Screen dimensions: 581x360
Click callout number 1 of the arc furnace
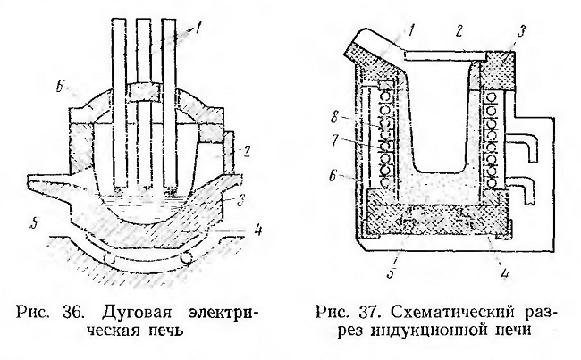(x=198, y=28)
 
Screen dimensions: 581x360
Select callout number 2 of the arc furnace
(x=247, y=151)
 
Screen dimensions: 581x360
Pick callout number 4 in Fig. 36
(x=257, y=230)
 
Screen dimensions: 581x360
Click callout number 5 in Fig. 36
(x=35, y=224)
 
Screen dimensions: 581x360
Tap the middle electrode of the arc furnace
(x=143, y=103)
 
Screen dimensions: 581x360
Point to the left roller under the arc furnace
(x=108, y=259)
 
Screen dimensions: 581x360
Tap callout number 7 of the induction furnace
(x=336, y=141)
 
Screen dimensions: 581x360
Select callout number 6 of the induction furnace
(x=333, y=175)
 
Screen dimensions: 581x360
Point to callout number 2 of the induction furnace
(x=459, y=32)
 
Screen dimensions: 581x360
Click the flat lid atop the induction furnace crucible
(x=444, y=54)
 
